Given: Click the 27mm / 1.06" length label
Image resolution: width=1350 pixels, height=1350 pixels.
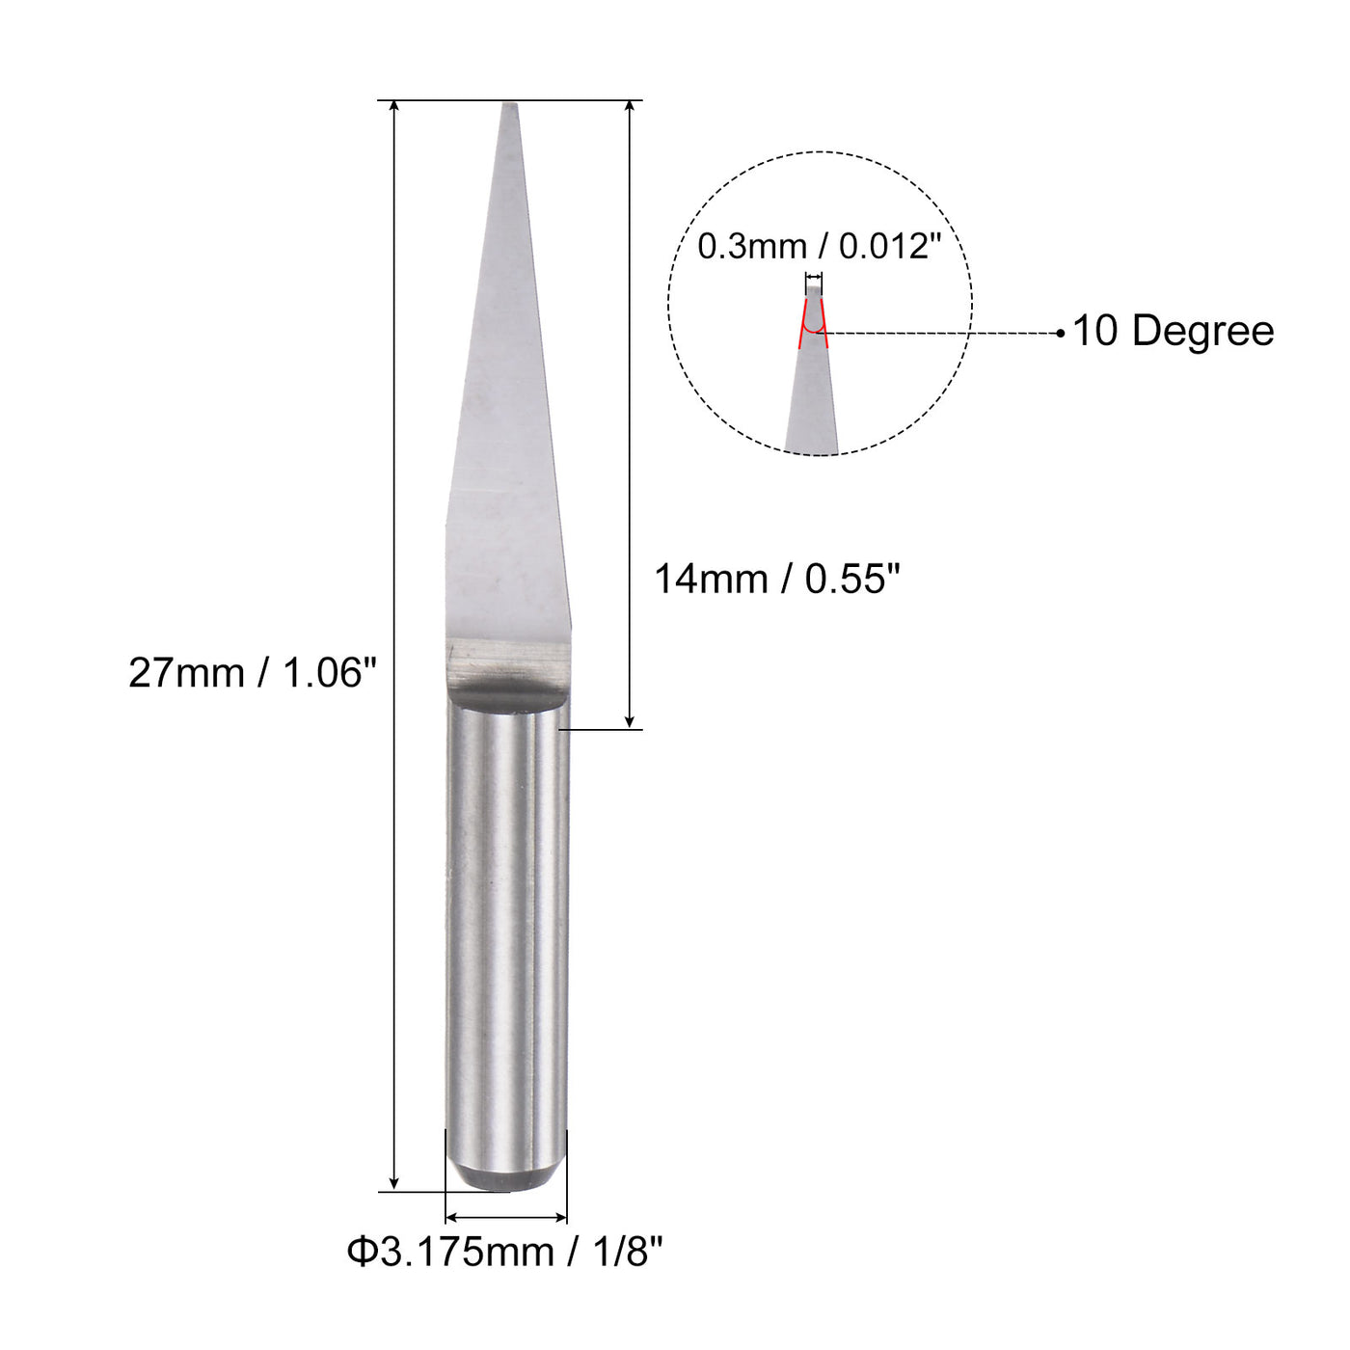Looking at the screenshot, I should tap(252, 673).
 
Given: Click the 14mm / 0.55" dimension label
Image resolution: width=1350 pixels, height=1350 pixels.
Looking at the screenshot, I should tap(776, 580).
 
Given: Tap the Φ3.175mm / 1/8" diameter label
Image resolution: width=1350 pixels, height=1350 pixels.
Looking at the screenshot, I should tap(505, 1253).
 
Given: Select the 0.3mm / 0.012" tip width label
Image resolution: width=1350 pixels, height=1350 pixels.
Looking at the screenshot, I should tap(819, 247).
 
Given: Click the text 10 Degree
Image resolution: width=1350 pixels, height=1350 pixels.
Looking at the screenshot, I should tap(1173, 332).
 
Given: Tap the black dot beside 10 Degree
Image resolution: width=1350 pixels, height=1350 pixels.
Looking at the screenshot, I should tap(1061, 334).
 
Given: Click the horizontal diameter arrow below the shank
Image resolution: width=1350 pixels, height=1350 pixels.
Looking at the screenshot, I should tap(505, 1218).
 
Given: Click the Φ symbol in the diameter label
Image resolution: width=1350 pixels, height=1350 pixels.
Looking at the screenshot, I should tap(361, 1253).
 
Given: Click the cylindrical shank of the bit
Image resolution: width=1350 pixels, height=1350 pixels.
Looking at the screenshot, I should tap(505, 916).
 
